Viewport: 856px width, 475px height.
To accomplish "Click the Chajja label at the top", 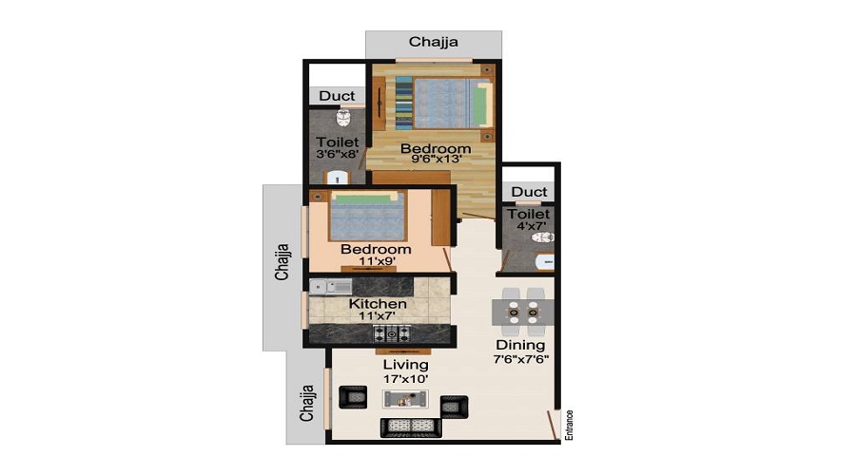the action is (x=433, y=42).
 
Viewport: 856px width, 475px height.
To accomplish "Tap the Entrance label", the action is (x=570, y=426).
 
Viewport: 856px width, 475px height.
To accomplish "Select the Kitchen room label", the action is (x=378, y=304).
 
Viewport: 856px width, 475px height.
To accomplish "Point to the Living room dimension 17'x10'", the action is (x=405, y=378).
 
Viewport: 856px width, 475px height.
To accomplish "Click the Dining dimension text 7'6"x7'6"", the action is (x=521, y=359).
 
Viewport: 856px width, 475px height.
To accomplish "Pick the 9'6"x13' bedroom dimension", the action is (x=437, y=160).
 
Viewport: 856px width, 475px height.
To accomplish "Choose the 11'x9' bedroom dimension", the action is (x=377, y=261).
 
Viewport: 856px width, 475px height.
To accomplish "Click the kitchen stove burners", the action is (x=392, y=333).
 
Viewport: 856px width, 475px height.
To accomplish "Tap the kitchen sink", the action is (x=331, y=287).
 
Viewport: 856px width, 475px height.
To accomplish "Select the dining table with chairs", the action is (x=523, y=313).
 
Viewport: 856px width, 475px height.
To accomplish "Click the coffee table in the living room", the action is (x=405, y=399).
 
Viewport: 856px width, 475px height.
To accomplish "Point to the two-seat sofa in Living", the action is (x=411, y=427).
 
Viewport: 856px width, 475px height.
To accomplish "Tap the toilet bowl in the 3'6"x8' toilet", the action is (x=343, y=117).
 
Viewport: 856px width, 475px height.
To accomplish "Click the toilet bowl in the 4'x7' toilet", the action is (x=543, y=237).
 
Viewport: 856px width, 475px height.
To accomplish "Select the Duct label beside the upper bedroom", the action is (x=337, y=96).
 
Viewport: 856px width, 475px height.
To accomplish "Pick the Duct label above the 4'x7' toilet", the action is (x=529, y=192).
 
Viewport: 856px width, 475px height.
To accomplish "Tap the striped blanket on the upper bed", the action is (x=404, y=103).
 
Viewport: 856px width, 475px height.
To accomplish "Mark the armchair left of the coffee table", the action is (x=353, y=397).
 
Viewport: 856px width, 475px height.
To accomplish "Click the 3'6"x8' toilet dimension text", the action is (x=337, y=154).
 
